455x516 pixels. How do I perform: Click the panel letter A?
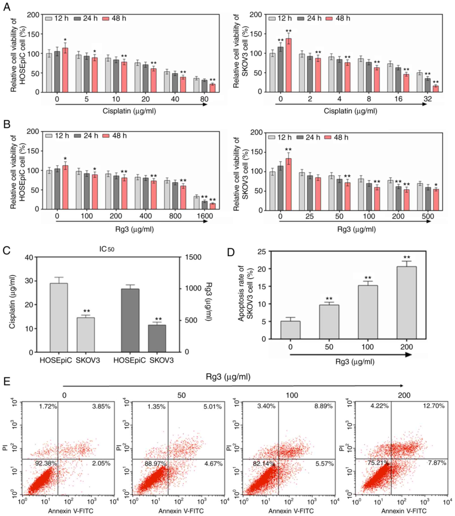(x=7, y=7)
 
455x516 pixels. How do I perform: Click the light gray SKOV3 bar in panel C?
(x=86, y=335)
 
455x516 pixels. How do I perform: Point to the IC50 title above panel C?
(x=107, y=249)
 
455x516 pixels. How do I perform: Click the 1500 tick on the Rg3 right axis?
(x=193, y=257)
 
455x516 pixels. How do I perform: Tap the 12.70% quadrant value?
(x=434, y=406)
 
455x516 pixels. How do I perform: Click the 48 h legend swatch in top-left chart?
(x=106, y=18)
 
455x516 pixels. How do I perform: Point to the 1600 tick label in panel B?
(x=205, y=216)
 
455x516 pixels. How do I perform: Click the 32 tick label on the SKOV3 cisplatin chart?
(x=428, y=99)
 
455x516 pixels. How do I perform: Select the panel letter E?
(x=7, y=381)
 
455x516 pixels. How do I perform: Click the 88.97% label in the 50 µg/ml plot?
(x=155, y=464)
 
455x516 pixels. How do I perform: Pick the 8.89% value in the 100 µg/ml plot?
(x=323, y=406)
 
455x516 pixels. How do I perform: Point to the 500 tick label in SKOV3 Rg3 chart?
(x=428, y=216)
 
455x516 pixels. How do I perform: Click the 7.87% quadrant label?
(x=437, y=463)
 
